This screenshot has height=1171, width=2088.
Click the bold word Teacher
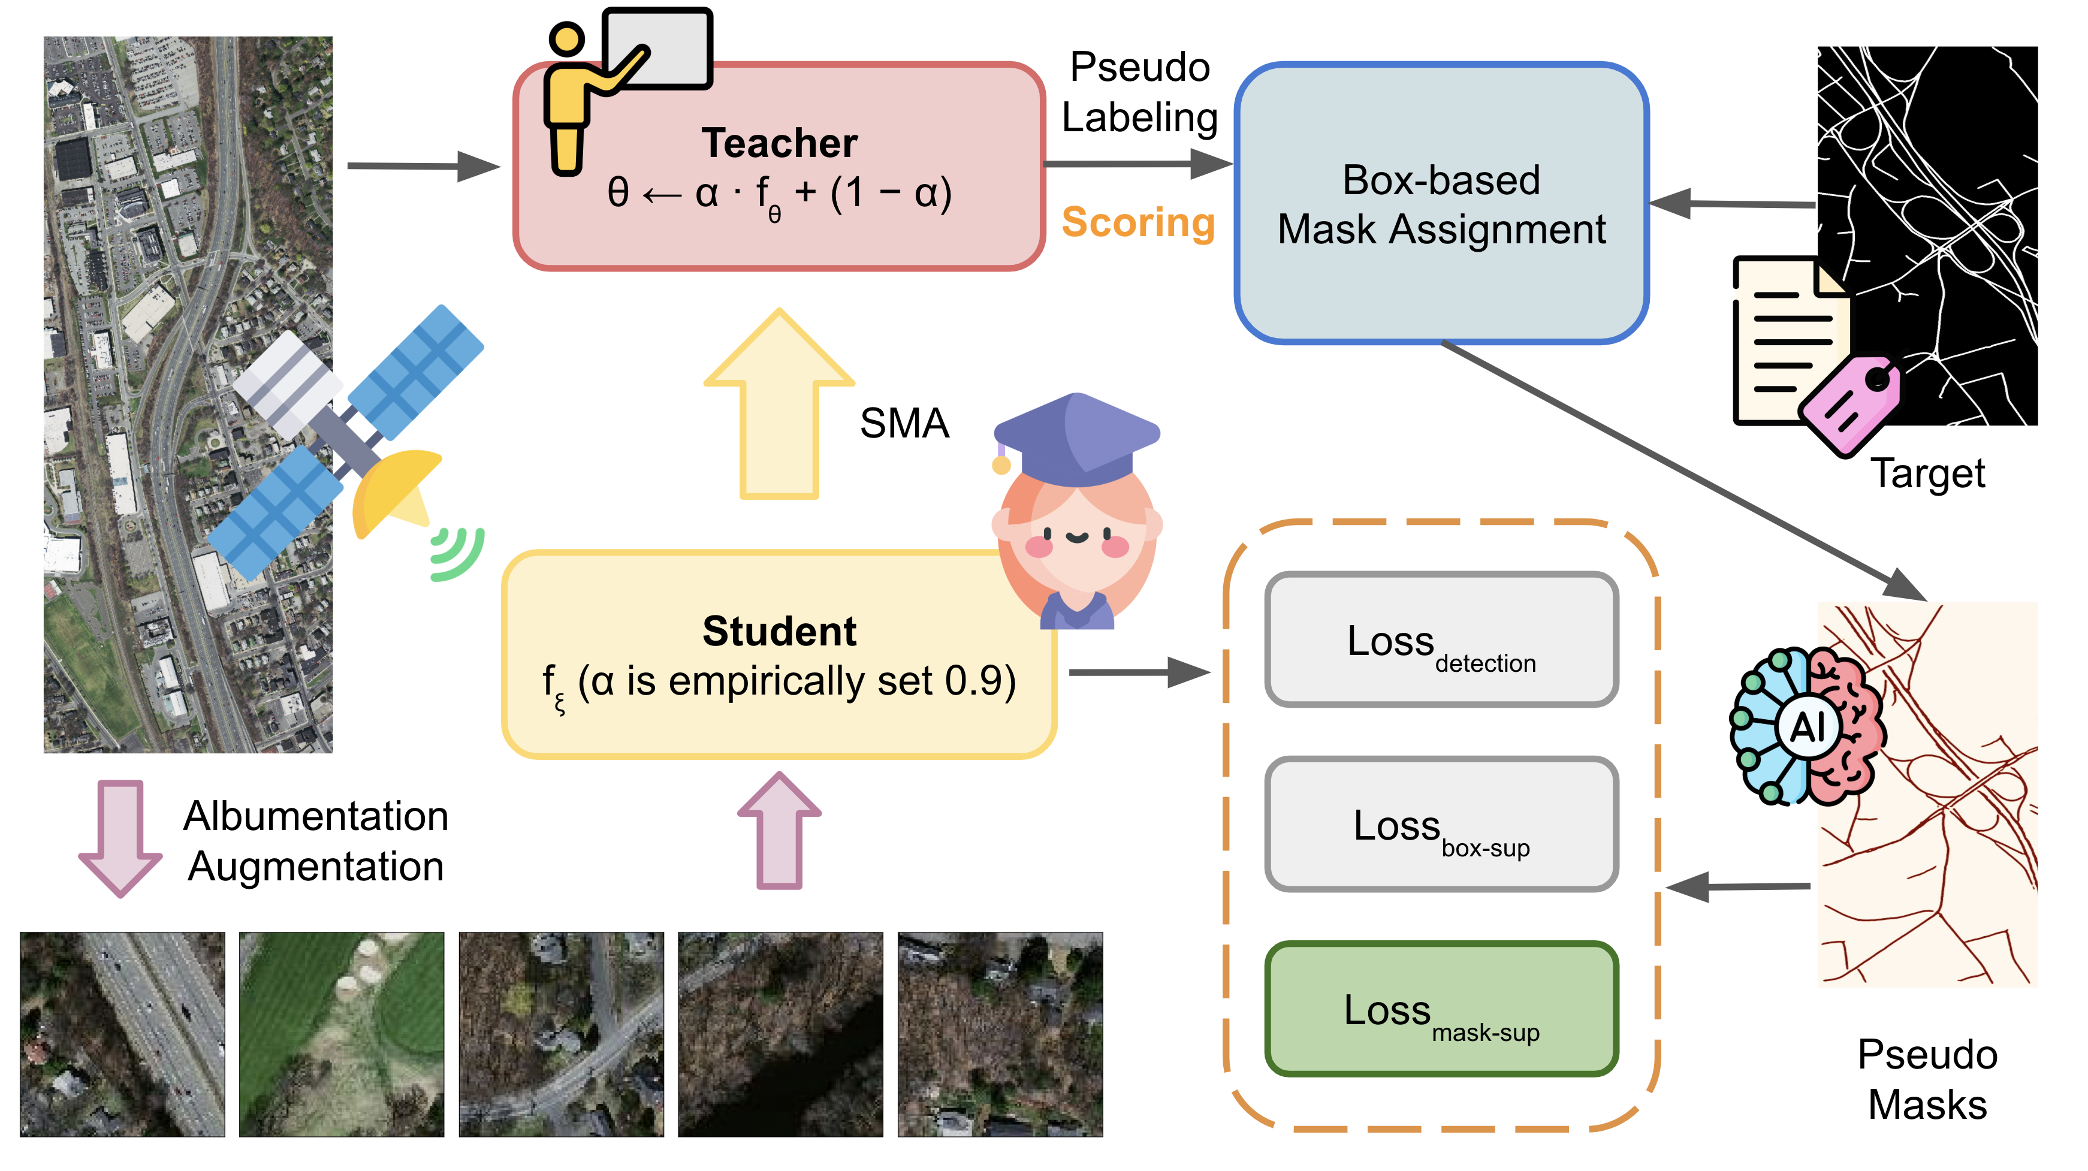point(779,143)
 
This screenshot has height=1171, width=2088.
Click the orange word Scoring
point(1137,222)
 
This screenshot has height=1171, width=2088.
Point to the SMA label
point(904,423)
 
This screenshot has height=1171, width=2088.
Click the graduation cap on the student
point(1076,437)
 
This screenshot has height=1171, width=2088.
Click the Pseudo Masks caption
point(1927,1079)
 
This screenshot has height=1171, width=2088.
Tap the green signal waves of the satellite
point(458,554)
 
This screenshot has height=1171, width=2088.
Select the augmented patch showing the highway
point(122,1034)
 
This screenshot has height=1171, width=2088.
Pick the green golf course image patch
point(341,1034)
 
